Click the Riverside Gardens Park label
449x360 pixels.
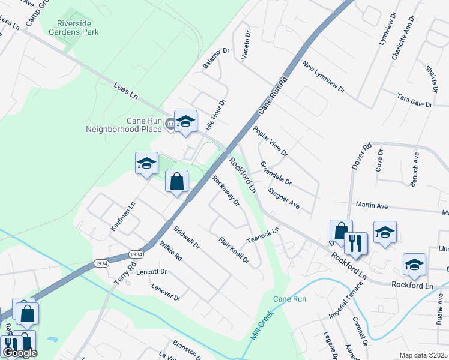74,27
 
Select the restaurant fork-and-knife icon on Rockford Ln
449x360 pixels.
355,243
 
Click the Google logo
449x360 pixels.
19,352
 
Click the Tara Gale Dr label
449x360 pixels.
414,100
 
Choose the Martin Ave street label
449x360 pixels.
371,206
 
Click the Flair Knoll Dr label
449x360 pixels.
234,250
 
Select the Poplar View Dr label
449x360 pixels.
270,141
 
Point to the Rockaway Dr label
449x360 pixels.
226,190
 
